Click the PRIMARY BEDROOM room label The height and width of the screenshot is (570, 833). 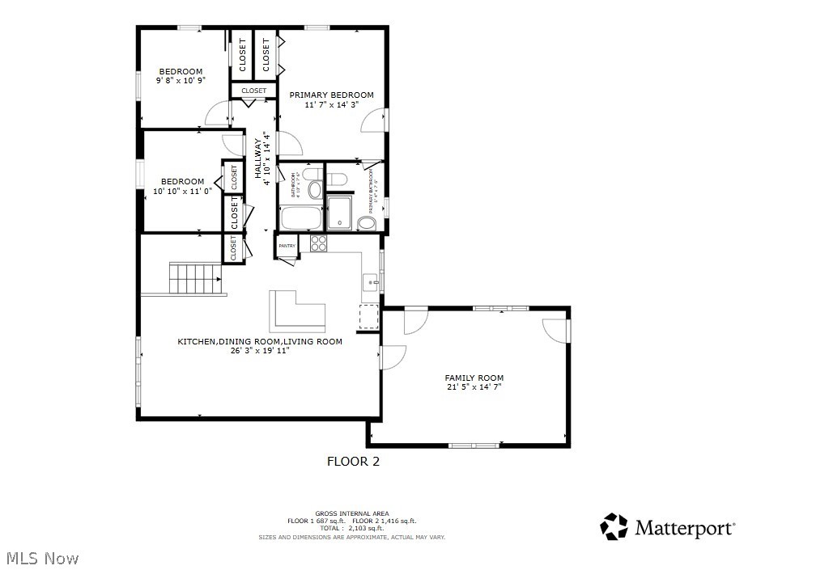[x=332, y=95]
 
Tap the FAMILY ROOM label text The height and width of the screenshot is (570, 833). [x=474, y=378]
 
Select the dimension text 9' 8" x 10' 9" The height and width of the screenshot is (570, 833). [x=181, y=80]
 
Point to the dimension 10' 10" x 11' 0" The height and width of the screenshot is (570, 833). [x=182, y=191]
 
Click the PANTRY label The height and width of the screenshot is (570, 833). [x=287, y=245]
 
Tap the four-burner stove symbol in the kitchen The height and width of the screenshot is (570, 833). [x=317, y=243]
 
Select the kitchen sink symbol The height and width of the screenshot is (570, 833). [x=370, y=281]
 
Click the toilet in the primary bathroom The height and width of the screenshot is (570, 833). [x=338, y=179]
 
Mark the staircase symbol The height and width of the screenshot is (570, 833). [x=194, y=278]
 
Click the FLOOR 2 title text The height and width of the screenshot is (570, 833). [x=353, y=462]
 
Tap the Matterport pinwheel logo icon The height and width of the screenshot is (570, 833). [x=614, y=527]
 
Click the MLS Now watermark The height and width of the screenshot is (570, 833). [x=42, y=558]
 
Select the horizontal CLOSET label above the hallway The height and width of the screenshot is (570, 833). [x=253, y=91]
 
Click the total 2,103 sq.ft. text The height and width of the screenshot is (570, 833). [x=352, y=528]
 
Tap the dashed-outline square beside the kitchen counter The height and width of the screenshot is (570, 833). [x=368, y=316]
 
